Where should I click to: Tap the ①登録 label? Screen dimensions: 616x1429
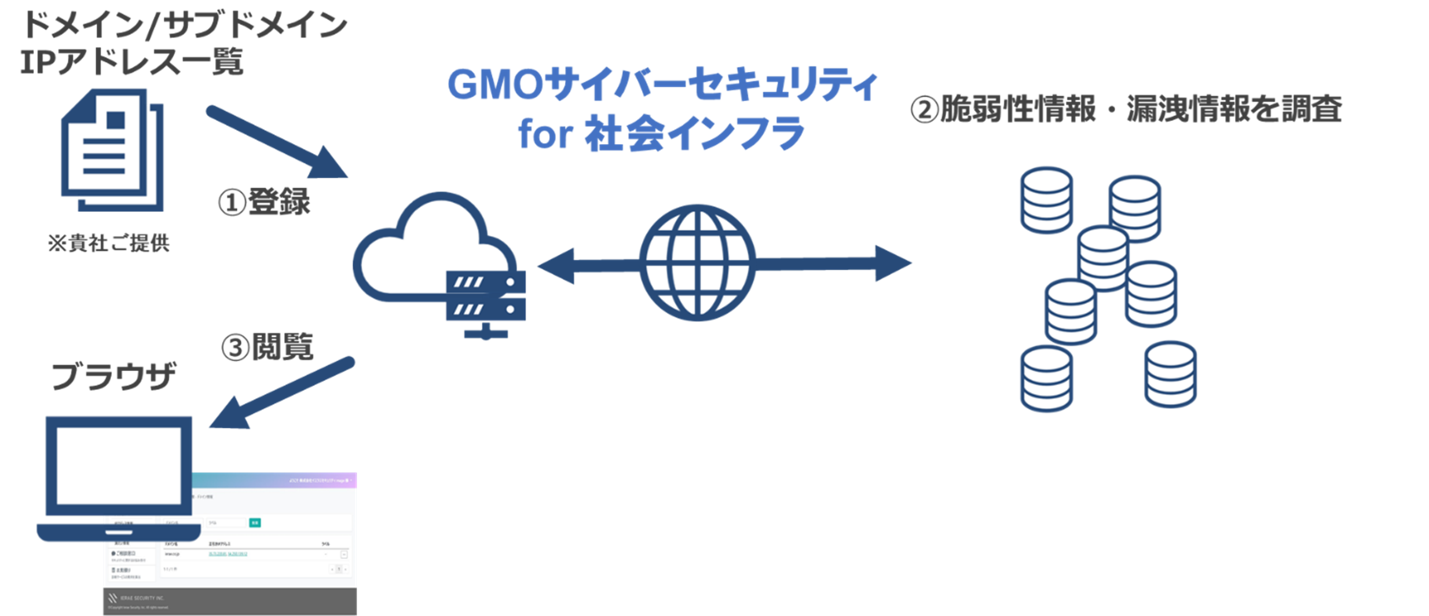click(264, 202)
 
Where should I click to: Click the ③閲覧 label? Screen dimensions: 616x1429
click(267, 347)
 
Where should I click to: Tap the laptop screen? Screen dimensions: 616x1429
click(119, 466)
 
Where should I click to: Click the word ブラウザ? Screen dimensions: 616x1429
click(113, 376)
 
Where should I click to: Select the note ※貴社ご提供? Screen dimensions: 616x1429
click(109, 243)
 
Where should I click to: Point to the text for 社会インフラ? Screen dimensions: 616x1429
click(661, 134)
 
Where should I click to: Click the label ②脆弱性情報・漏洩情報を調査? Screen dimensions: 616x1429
click(1126, 109)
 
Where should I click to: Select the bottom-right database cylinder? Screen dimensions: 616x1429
click(1170, 375)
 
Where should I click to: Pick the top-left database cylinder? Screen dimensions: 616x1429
click(1046, 200)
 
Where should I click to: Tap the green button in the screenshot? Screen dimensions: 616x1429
click(255, 522)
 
